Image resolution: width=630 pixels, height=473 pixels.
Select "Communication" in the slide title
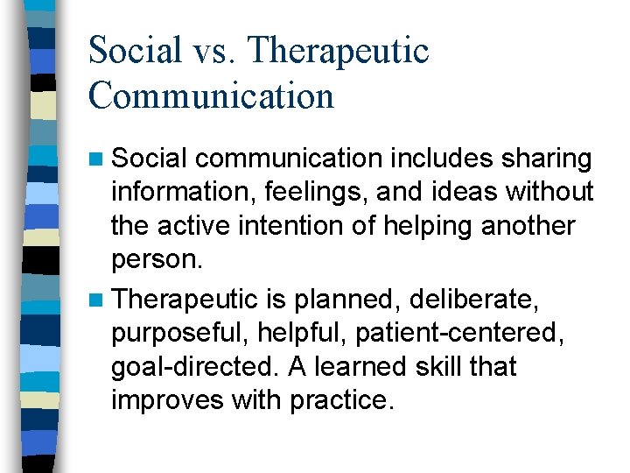click(211, 95)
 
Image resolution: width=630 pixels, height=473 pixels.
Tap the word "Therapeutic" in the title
click(339, 52)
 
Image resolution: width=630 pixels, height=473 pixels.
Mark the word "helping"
click(455, 225)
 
